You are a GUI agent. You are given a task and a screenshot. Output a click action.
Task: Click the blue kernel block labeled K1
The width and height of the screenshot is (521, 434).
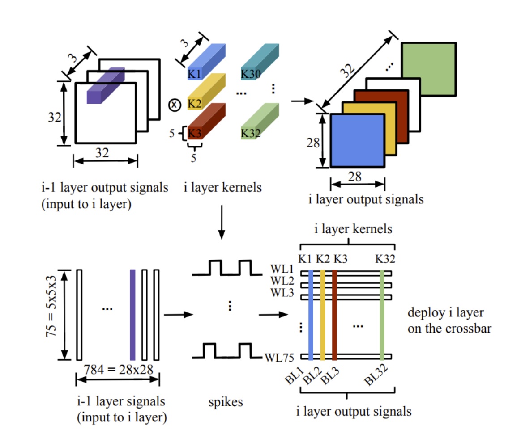coord(206,63)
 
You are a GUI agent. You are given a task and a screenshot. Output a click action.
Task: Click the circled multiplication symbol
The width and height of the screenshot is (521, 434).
coord(174,105)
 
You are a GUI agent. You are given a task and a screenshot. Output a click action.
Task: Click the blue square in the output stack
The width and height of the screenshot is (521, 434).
coord(357,141)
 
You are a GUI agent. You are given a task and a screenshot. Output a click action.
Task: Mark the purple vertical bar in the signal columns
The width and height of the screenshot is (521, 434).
coord(132,315)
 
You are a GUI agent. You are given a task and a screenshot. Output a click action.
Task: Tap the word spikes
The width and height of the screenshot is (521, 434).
coord(226,402)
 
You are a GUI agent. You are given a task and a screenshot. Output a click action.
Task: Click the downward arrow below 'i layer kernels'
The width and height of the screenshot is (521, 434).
coord(222,221)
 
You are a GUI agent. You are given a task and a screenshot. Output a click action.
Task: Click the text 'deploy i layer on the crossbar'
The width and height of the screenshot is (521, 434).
coord(449,320)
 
